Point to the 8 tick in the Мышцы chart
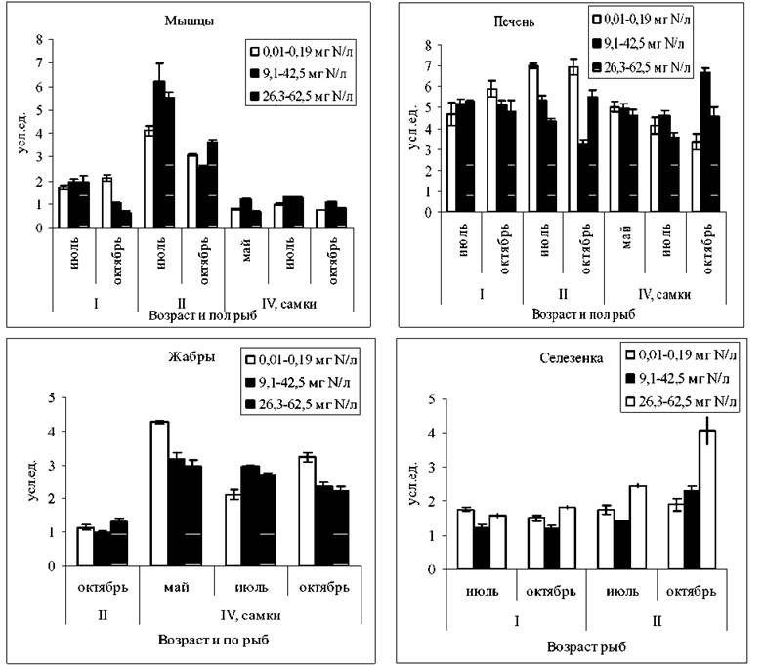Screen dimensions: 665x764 (x=40, y=39)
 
